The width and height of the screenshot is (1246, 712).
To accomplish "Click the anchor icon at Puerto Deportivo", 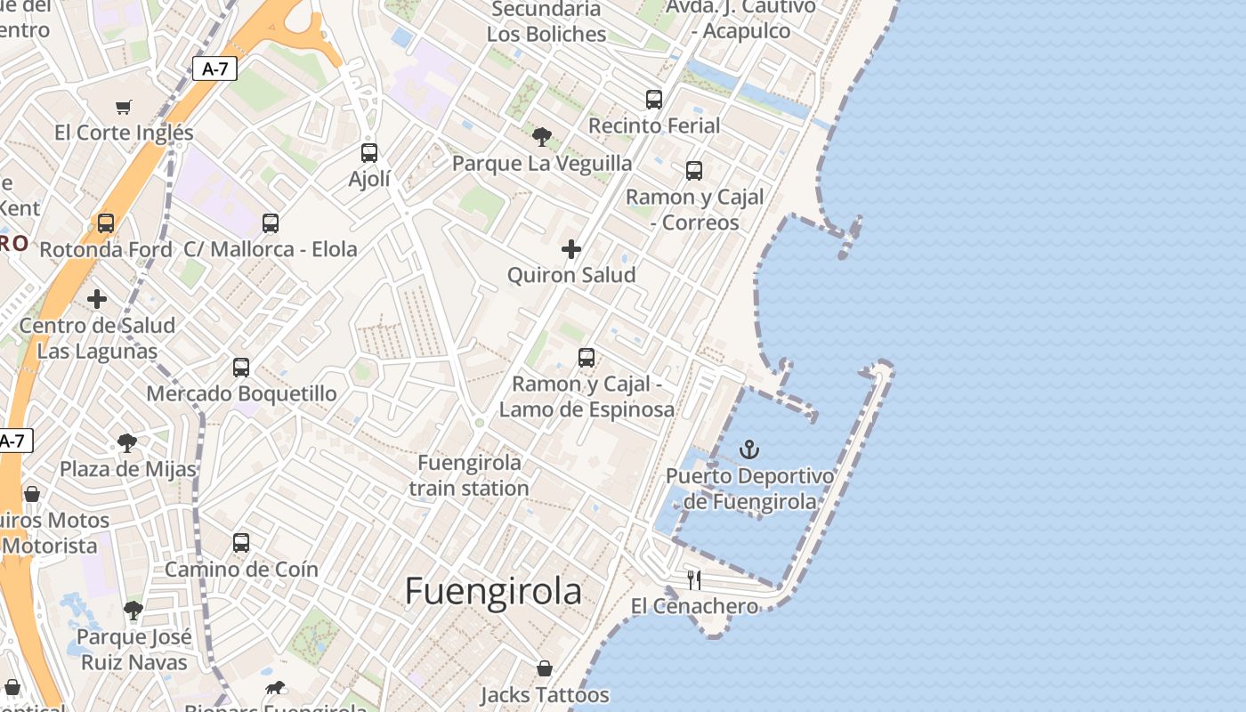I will click(749, 449).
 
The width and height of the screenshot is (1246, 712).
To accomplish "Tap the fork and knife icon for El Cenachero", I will click(694, 580).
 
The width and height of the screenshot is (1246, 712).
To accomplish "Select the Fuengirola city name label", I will click(493, 592).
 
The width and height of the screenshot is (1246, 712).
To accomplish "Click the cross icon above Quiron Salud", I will click(571, 249).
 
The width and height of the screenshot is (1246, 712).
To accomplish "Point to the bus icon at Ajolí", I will click(369, 153).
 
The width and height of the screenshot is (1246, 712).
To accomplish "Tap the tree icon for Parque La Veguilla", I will click(541, 137).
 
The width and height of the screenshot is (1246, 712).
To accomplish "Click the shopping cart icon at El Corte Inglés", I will click(124, 107).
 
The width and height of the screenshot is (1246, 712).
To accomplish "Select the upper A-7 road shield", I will click(214, 69).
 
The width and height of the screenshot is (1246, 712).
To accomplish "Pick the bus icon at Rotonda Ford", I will click(106, 223).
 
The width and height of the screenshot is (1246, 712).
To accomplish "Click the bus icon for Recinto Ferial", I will click(654, 100).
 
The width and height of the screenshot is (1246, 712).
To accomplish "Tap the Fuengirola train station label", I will click(469, 475).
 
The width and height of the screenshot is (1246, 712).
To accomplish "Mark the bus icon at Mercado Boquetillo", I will click(241, 367).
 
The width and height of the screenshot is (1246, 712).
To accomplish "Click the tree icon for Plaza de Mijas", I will click(127, 442).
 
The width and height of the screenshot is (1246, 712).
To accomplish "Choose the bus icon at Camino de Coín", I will click(241, 543).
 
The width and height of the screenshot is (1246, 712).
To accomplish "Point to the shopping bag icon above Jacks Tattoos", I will click(545, 668).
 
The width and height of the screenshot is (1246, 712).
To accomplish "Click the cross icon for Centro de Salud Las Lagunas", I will click(97, 299).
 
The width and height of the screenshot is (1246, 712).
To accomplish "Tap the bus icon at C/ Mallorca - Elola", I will click(271, 223).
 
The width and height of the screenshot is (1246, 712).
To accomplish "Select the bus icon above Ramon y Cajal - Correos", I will click(694, 171).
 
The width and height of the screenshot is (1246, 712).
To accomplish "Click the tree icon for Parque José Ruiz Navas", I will click(133, 611).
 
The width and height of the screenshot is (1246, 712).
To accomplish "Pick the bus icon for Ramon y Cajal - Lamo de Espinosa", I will click(587, 358).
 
